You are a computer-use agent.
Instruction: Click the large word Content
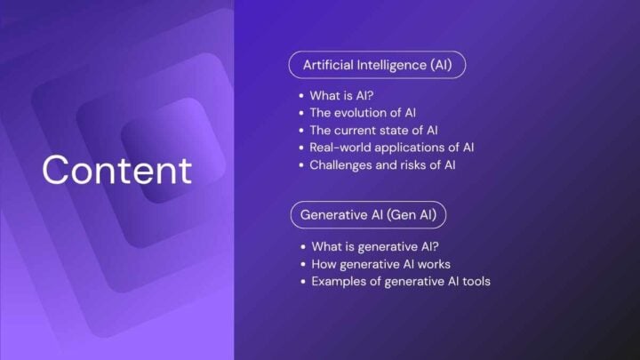[x=116, y=170]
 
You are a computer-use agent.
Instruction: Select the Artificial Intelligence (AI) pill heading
[x=377, y=66]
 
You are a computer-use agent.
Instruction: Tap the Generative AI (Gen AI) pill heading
[x=367, y=215]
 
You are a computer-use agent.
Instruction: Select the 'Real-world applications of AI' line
[x=392, y=147]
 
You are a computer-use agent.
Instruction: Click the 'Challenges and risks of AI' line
[x=383, y=164]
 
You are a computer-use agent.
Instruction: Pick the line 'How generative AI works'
[x=380, y=264]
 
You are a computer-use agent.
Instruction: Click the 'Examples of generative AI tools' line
[x=400, y=282]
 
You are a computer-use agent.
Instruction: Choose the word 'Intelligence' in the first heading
[x=381, y=66]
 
